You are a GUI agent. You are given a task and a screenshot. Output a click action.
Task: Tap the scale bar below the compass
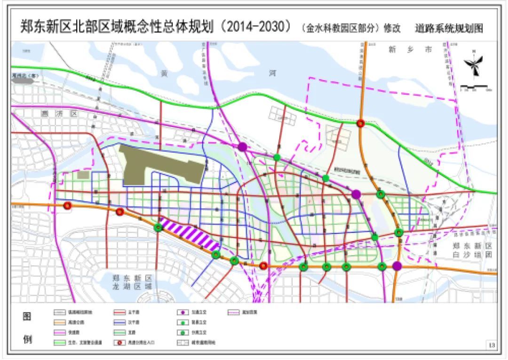(476, 87)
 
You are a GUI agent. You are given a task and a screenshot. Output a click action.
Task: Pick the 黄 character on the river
(163, 73)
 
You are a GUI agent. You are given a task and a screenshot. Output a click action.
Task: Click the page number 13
(492, 346)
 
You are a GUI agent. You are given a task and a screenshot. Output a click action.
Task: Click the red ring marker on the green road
(361, 123)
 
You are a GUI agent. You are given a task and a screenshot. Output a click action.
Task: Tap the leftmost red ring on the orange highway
(68, 206)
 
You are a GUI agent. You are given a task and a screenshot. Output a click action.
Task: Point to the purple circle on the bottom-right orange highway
(397, 266)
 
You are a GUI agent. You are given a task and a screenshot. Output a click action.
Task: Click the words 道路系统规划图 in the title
(449, 28)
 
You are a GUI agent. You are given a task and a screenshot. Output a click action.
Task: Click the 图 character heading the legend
(28, 317)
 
